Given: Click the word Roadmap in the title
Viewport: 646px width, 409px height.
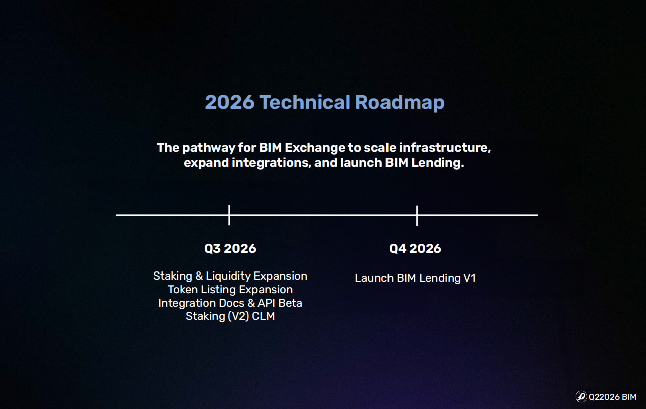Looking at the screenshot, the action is pos(400,103).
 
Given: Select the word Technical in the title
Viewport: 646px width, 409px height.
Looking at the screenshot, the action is pos(305,102).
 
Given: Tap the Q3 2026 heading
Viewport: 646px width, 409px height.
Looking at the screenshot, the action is pos(230,248).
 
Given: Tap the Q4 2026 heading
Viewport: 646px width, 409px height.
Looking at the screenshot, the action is pos(415,248).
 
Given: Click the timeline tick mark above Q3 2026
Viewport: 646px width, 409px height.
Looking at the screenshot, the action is pos(229,215).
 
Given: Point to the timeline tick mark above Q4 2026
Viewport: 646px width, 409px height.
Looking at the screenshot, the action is pos(417,216).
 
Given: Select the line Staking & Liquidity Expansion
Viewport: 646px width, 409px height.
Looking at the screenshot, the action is pos(230,276).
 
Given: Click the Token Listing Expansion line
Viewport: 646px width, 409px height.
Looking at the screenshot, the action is pos(230,289).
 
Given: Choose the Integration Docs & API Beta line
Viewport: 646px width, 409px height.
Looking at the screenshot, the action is pos(230,303).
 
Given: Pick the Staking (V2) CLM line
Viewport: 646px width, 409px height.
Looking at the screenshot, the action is pos(230,316).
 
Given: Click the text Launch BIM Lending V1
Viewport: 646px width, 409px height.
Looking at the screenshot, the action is pos(415,278).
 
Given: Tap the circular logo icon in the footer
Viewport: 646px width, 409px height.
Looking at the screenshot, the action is pos(581,397).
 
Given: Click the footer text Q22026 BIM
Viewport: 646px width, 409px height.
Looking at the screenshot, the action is pos(612,397).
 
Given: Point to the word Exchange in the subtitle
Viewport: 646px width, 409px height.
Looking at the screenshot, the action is pos(315,148).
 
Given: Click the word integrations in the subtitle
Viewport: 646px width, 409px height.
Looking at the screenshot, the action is pos(272,163).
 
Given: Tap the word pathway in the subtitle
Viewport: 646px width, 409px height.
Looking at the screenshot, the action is pos(209,148).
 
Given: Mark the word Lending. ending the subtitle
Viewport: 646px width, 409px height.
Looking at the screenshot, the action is pos(438,163).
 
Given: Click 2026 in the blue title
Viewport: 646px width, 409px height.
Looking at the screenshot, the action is pos(230,102).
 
